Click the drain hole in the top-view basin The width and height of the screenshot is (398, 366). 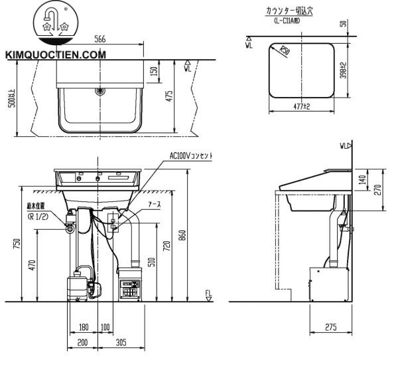point(100,90)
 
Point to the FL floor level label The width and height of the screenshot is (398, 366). point(208,294)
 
